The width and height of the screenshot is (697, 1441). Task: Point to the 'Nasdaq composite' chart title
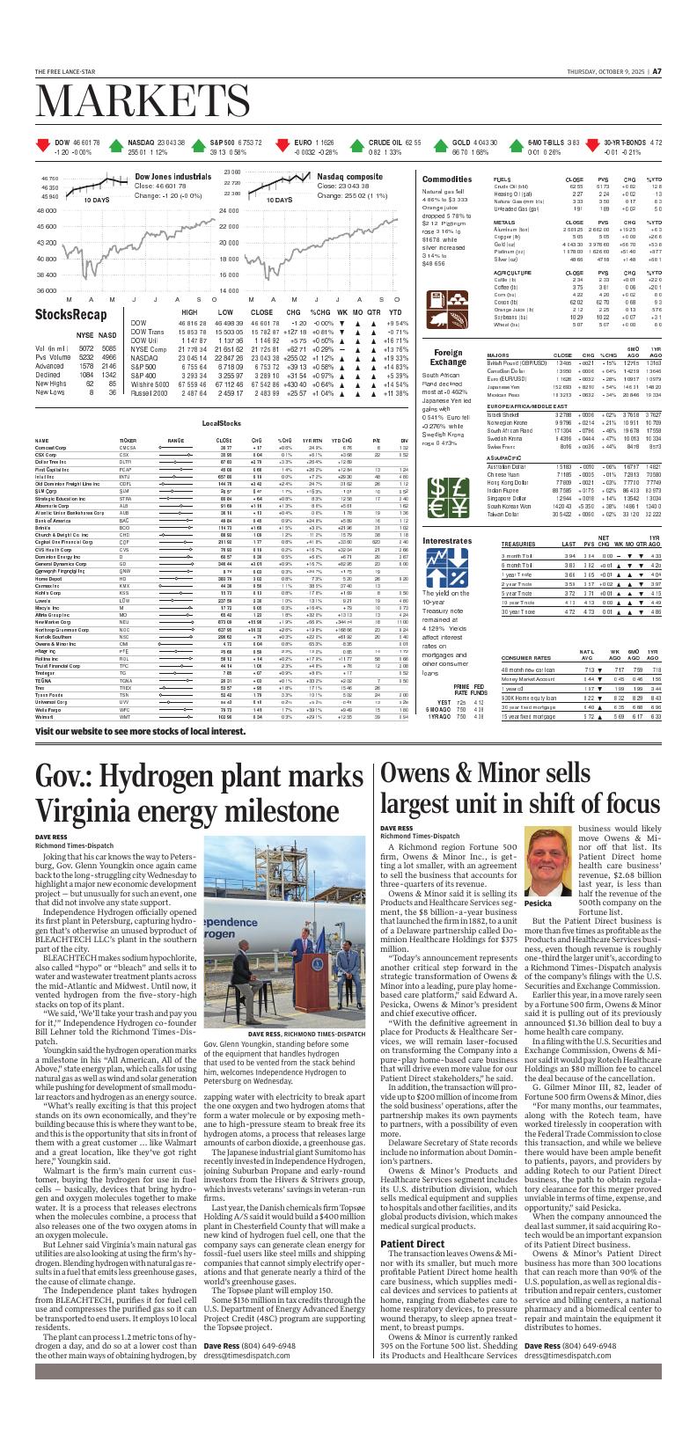point(349,177)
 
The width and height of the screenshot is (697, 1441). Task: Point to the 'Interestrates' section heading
point(447,539)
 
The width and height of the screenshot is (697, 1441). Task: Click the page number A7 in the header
point(657,71)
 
